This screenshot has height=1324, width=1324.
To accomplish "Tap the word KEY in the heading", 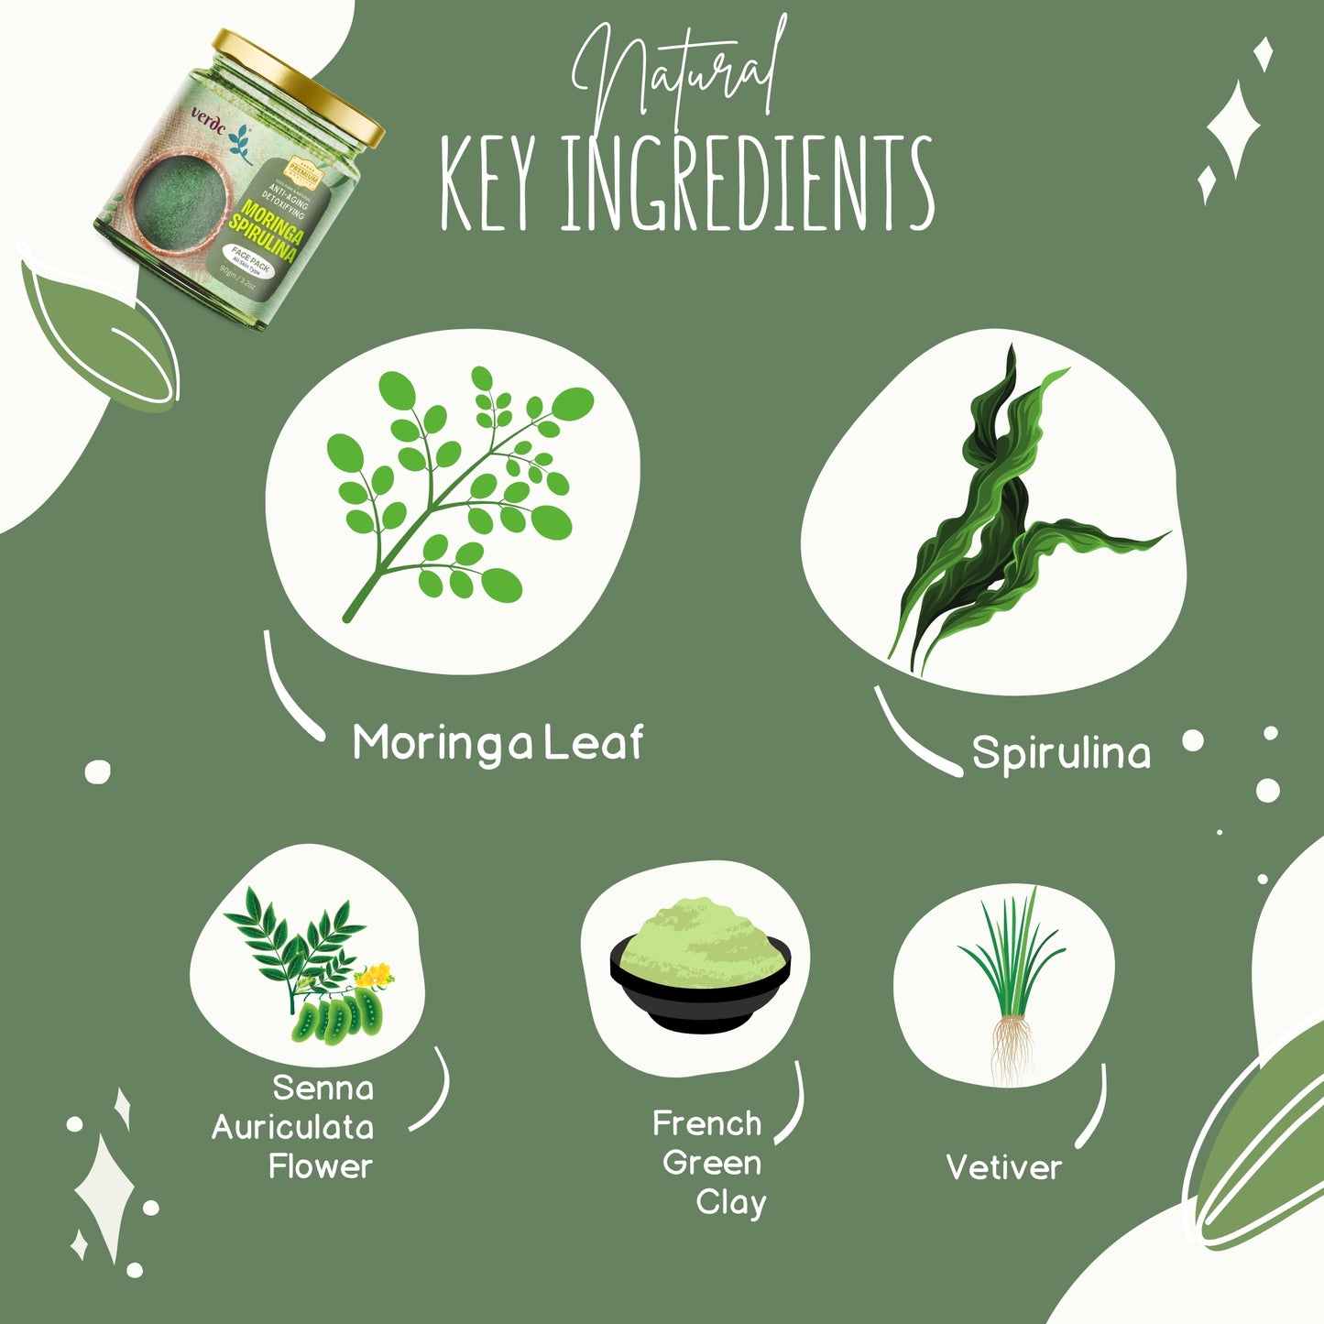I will click(486, 183).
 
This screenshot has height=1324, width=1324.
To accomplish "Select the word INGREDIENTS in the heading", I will click(747, 183).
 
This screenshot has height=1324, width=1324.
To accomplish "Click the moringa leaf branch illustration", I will click(458, 486).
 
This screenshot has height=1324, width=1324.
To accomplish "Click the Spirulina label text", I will click(1060, 752).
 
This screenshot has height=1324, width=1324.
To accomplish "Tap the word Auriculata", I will click(293, 1127).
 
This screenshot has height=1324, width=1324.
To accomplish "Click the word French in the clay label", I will click(706, 1123).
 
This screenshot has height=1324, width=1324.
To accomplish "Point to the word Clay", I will click(730, 1202).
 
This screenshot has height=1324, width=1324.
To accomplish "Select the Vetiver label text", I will click(1003, 1167).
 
